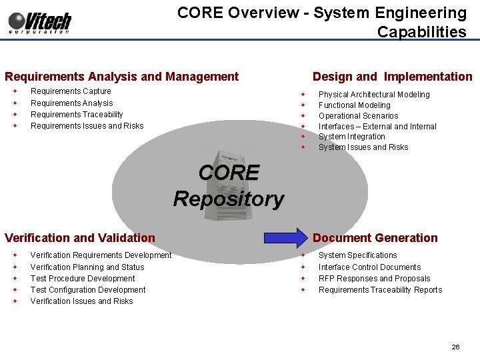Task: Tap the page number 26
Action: [455, 347]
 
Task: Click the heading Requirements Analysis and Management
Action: [121, 77]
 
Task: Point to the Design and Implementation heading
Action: [392, 77]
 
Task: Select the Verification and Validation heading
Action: [79, 238]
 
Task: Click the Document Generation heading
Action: [375, 238]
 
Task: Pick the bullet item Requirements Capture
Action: [71, 91]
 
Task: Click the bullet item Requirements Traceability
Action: [77, 115]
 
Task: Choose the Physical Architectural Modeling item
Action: [374, 95]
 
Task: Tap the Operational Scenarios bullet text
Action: [358, 116]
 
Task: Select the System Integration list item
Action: [351, 137]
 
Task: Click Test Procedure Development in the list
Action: [83, 279]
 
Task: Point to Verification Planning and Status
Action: [87, 267]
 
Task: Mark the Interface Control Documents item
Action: [369, 267]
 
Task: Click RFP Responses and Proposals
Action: [374, 279]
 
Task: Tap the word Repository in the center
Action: [229, 199]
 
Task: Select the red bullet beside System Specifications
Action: [302, 255]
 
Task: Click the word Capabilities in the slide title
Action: [421, 31]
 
